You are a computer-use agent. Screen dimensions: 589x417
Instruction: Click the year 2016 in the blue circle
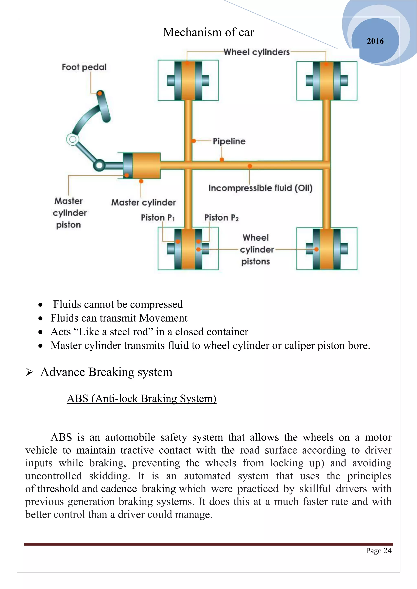point(375,41)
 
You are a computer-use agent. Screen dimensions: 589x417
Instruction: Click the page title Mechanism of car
point(208,32)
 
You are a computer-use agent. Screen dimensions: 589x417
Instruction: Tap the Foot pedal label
point(84,67)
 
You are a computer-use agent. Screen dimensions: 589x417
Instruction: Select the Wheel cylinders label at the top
point(256,52)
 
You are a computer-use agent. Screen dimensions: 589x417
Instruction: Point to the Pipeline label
point(229,141)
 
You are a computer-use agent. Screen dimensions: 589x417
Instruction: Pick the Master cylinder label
point(143,202)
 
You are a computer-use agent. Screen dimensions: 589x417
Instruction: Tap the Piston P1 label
point(158,218)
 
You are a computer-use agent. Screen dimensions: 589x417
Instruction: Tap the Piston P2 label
point(221,218)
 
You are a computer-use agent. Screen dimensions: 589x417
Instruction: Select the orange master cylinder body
point(146,166)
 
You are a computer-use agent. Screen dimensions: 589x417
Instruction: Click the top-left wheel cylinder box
point(188,80)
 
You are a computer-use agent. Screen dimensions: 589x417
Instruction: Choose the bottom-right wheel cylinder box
point(327,249)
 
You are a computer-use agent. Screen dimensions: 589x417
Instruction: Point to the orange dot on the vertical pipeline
point(194,141)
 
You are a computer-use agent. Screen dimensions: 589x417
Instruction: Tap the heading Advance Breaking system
point(106,372)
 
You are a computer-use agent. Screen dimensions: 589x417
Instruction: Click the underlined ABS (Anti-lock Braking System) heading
point(142,399)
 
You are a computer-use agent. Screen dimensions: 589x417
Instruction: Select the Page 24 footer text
point(379,551)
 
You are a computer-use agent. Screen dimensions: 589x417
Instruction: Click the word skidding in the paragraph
point(109,476)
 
